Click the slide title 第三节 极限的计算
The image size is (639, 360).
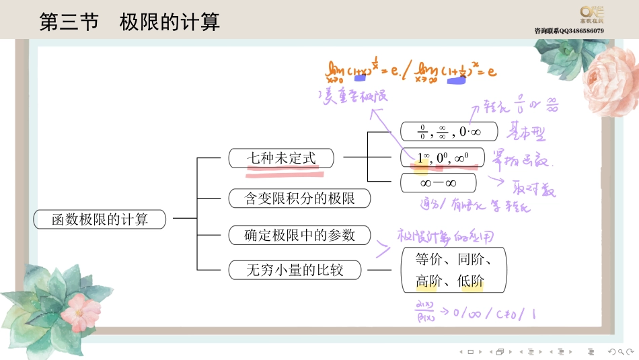129,22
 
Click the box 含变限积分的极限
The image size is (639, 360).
299,199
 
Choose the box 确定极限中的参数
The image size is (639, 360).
299,235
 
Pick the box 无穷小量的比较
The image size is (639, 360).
295,271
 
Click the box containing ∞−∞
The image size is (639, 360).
438,183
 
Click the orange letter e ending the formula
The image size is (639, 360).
492,70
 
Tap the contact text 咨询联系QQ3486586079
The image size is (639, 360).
569,31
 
